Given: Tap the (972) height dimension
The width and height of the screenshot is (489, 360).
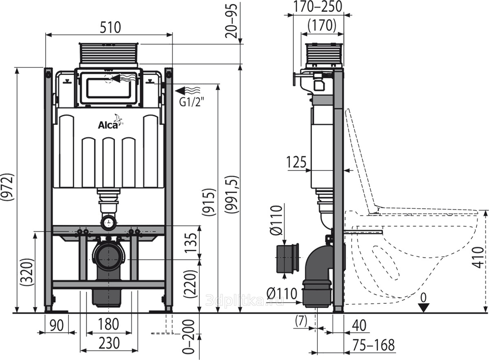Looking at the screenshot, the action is point(9,187).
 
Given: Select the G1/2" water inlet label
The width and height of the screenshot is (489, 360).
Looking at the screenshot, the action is point(192,102).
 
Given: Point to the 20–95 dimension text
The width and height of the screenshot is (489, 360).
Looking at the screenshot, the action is point(231,21).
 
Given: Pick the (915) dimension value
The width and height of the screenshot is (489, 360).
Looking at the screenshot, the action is point(209,202).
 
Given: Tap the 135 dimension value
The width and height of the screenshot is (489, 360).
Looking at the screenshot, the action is point(191,243).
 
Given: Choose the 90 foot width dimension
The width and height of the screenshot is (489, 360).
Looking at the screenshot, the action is point(57,325).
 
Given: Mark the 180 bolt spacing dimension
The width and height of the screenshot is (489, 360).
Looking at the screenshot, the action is point(108,324).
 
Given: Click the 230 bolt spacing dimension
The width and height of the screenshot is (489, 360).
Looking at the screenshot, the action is point(109,343).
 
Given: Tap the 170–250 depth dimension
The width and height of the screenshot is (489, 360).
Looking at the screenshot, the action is point(317,7).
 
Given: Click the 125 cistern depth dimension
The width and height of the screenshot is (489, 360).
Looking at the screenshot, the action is point(296,162).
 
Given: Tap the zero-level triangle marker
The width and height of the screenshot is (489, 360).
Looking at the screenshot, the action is point(423,308).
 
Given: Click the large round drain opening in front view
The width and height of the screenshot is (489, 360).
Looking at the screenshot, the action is point(108,259).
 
